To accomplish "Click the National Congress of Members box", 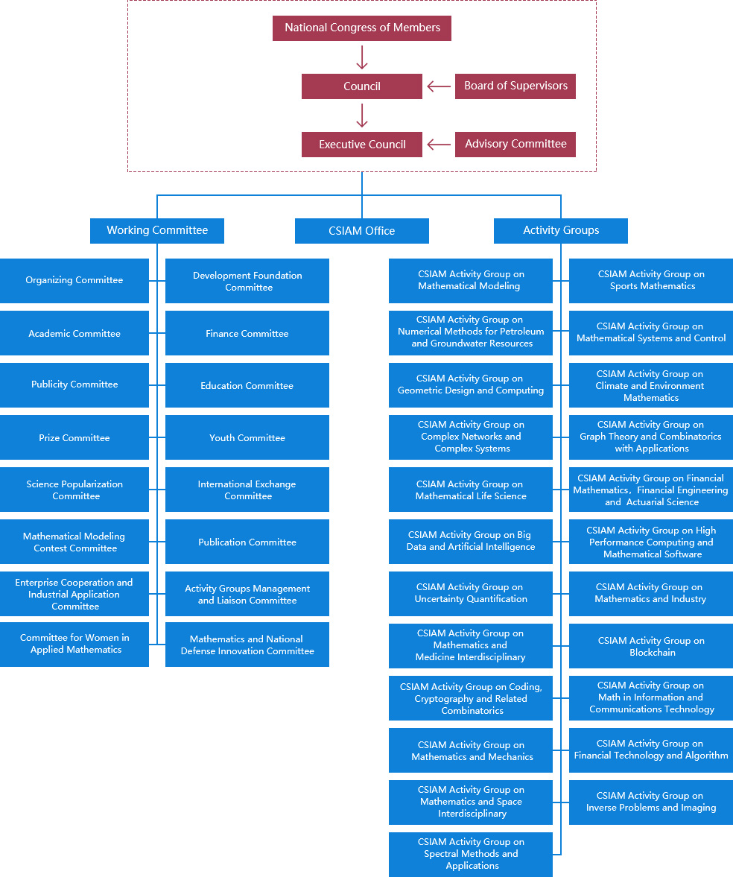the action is (x=362, y=28).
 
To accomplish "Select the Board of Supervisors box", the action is (x=515, y=86).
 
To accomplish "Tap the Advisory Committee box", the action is (x=515, y=145).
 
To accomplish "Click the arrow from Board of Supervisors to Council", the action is (x=439, y=86).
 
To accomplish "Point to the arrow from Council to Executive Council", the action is (x=362, y=115).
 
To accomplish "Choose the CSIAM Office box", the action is (x=362, y=231).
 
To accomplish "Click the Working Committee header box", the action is (x=157, y=231).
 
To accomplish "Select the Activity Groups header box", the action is (x=561, y=231).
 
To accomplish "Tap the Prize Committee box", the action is (x=74, y=437).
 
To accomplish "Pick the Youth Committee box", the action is (x=247, y=437).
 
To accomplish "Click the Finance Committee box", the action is (x=247, y=333).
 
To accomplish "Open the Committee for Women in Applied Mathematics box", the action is (x=74, y=645).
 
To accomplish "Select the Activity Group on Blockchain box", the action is (x=651, y=646).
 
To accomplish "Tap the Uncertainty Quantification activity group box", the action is (x=471, y=593).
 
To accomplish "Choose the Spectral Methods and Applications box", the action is (x=471, y=855).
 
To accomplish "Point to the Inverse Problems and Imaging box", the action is (x=651, y=802).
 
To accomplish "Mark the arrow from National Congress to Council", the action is (x=362, y=57).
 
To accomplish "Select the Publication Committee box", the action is (x=247, y=542).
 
